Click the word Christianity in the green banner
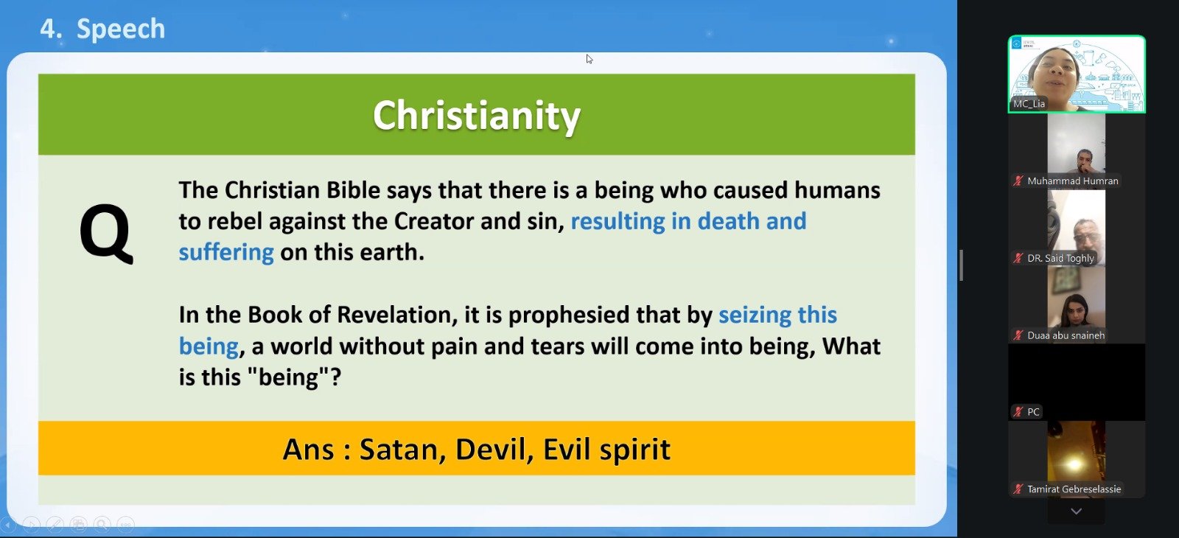[x=476, y=116]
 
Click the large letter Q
[x=106, y=234]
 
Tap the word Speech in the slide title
[x=121, y=29]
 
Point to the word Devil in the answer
[x=494, y=449]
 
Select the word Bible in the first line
[x=353, y=190]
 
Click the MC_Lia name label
[x=1029, y=104]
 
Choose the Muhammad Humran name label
[x=1073, y=181]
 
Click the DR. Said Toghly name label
[x=1060, y=258]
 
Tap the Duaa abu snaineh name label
[x=1066, y=335]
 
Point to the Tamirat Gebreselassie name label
[x=1074, y=489]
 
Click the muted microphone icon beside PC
[x=1018, y=412]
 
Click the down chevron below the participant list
[x=1077, y=511]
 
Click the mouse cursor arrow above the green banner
[x=589, y=59]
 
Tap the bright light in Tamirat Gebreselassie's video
[x=1074, y=464]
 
